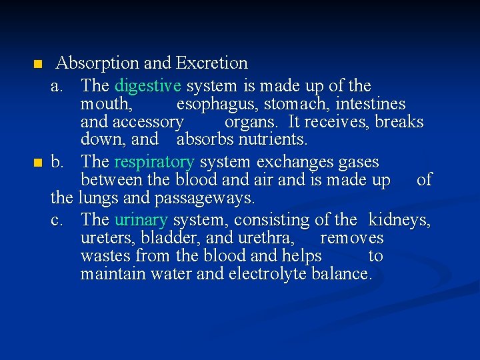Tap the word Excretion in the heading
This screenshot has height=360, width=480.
pyautogui.click(x=211, y=63)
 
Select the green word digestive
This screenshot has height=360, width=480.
pyautogui.click(x=148, y=86)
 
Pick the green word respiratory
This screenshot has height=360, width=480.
pyautogui.click(x=155, y=162)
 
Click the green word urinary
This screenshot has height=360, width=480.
pyautogui.click(x=141, y=220)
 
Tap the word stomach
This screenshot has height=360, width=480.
pyautogui.click(x=297, y=105)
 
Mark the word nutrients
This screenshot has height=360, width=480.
pyautogui.click(x=273, y=140)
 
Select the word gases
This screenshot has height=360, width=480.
pyautogui.click(x=358, y=162)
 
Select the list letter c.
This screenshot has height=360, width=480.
pyautogui.click(x=57, y=220)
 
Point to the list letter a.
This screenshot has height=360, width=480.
pyautogui.click(x=57, y=87)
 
